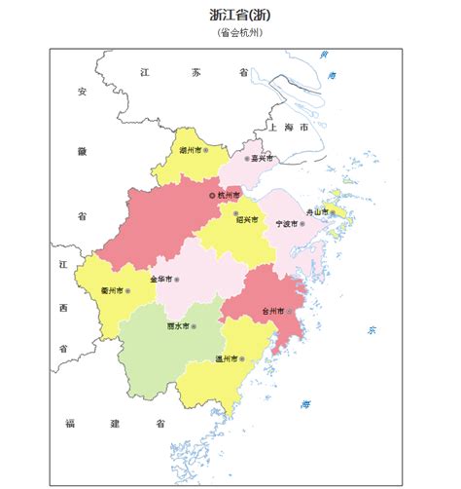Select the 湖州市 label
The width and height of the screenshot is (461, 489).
point(191,152)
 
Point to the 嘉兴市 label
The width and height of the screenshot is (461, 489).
point(262,158)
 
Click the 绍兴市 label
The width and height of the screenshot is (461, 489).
point(248,220)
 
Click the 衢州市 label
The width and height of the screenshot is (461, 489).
point(112,290)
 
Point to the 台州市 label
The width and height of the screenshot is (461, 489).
point(271,312)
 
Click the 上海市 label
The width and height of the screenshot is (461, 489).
point(289,128)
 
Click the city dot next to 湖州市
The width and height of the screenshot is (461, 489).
point(206,152)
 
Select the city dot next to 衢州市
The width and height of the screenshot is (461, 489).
point(127,290)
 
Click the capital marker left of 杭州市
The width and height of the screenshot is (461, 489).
point(212,196)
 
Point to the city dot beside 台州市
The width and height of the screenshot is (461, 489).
point(288,312)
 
